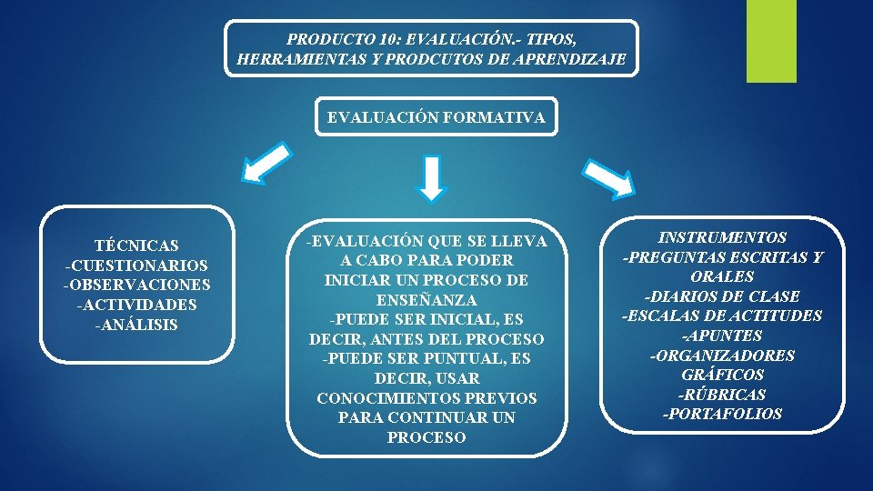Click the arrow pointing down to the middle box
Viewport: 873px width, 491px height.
click(433, 178)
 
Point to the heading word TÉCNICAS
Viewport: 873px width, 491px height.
click(136, 245)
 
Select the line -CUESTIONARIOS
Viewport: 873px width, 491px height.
click(136, 266)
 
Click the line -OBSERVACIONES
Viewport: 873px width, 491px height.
click(136, 286)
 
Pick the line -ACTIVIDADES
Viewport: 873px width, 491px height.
click(136, 306)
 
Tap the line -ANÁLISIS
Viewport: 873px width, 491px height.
click(136, 326)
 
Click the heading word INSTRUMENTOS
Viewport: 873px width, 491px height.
click(722, 237)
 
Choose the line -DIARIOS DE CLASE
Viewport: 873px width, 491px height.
click(722, 296)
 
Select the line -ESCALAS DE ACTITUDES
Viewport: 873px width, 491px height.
click(722, 316)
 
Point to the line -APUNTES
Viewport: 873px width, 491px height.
click(722, 336)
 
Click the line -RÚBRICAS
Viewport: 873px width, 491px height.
click(722, 395)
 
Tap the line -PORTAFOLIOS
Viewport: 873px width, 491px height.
click(722, 415)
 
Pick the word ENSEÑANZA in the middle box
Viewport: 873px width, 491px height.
click(426, 300)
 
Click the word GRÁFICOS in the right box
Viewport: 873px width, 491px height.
click(722, 375)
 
